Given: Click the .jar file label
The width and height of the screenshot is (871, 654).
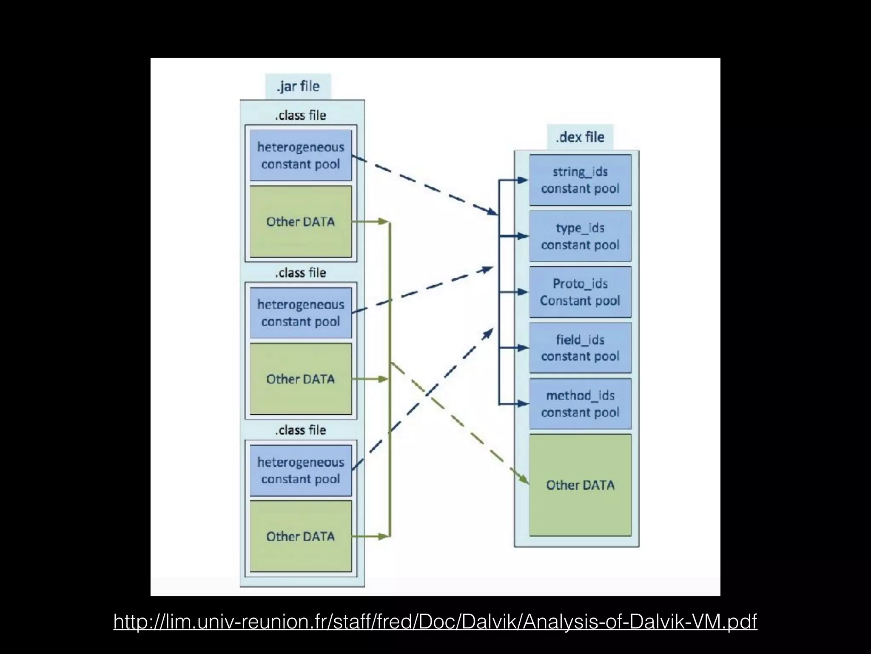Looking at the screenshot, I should coord(298,86).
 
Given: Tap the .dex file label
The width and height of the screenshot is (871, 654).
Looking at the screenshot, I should coord(580,137).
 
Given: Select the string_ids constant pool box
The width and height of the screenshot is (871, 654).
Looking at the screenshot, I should coord(580,180).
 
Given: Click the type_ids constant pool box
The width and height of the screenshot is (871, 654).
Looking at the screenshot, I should coord(580,236).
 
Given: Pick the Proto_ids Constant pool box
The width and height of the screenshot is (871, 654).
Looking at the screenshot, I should coord(580,292).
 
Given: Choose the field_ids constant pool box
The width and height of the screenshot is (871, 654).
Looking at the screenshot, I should coord(580,348).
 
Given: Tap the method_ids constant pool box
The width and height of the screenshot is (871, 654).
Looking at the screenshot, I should coord(580,404).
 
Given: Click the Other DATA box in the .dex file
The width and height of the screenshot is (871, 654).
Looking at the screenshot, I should coord(580,485).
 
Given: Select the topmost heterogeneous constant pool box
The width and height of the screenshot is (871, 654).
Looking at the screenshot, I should coord(301,155).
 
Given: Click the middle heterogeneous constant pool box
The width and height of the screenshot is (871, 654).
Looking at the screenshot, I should coord(301,313).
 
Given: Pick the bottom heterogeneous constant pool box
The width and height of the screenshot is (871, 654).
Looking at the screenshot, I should coord(301,470).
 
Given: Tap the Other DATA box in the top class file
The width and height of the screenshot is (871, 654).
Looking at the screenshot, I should coord(301,221).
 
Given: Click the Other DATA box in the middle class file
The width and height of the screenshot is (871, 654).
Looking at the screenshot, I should coord(301,379).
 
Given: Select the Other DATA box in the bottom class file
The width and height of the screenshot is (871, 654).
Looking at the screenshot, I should coord(301,536).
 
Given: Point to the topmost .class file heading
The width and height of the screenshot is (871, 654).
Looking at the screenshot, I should coord(301,115).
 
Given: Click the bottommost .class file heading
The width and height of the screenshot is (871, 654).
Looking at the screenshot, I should coord(301,430).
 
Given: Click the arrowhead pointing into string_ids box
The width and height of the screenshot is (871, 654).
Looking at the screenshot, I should coord(523,180).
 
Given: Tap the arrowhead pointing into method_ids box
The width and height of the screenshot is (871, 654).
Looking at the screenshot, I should coord(523,404).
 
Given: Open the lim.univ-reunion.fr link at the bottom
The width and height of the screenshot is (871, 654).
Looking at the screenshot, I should coord(435,622).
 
